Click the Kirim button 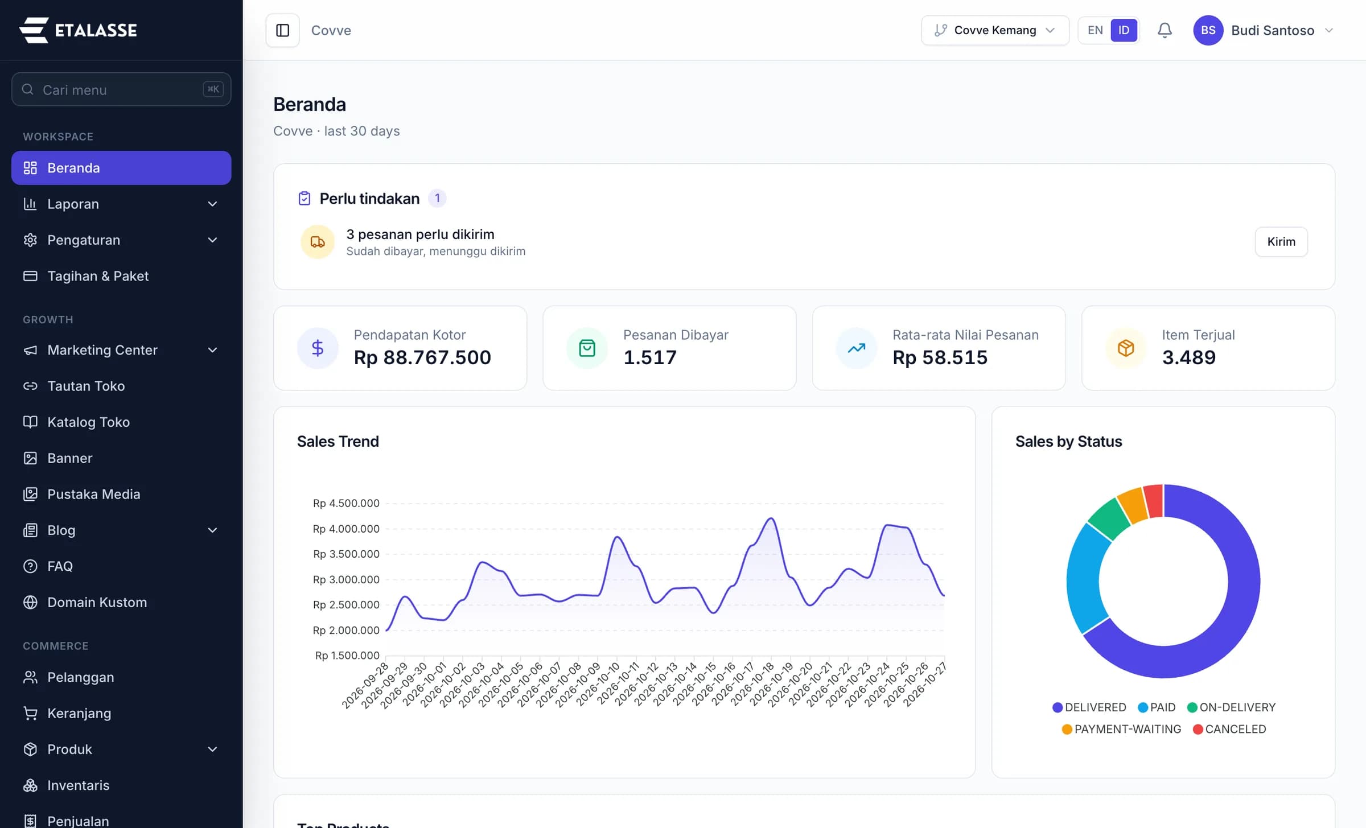[1281, 242]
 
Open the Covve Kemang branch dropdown [995, 30]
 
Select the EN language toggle [1095, 30]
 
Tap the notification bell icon [1165, 30]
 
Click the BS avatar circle [1208, 30]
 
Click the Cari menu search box [121, 89]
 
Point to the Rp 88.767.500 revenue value [422, 357]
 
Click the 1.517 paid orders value [650, 357]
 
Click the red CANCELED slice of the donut [1153, 501]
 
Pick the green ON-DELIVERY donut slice [1109, 518]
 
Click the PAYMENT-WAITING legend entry [1121, 729]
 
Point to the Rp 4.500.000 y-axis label [346, 503]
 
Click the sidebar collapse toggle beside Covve [283, 30]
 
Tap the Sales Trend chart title [338, 442]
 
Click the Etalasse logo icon [34, 30]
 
